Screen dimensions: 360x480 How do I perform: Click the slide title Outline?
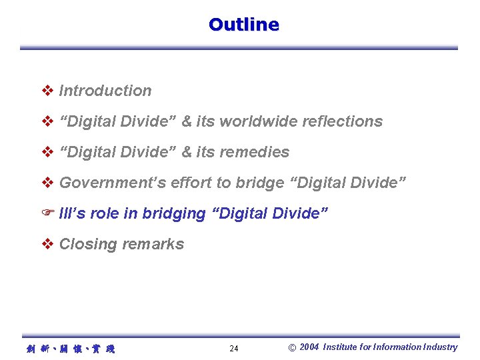243,25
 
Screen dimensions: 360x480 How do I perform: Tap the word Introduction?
105,91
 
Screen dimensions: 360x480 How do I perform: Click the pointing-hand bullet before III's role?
47,213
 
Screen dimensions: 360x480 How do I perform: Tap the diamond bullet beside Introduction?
47,91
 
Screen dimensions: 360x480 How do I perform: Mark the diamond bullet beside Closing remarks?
47,244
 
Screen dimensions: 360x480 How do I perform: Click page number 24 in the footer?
234,349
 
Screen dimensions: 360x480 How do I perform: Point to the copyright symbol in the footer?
292,347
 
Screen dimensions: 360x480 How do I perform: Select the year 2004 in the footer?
309,347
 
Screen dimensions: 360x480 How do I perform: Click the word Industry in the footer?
441,347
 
